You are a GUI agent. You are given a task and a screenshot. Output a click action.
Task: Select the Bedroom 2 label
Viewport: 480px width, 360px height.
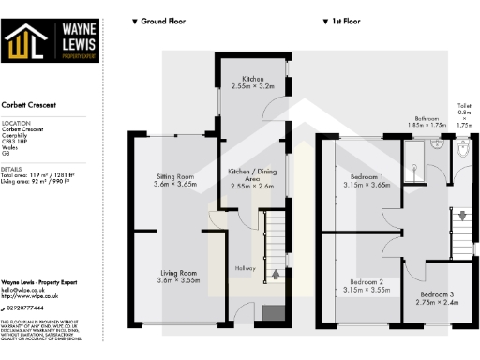(x=367, y=282)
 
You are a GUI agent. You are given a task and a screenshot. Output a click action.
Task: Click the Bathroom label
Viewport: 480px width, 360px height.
(x=427, y=119)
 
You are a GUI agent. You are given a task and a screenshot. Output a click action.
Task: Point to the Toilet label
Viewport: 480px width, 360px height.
(x=464, y=108)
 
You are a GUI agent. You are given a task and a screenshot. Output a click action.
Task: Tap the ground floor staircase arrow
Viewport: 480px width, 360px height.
(x=276, y=274)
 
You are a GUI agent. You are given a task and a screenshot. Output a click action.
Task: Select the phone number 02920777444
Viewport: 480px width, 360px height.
(x=22, y=307)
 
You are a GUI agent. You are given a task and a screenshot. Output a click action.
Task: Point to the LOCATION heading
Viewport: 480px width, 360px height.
(x=15, y=123)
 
